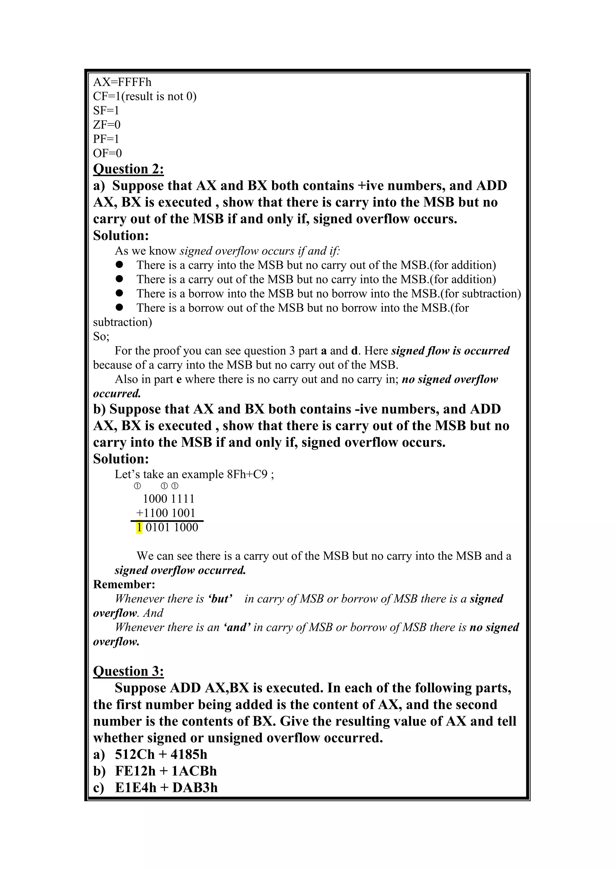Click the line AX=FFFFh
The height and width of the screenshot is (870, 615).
click(122, 82)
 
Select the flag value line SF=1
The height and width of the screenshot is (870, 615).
click(106, 111)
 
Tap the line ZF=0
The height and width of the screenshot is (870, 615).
click(107, 125)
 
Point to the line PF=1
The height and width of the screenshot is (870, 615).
click(106, 139)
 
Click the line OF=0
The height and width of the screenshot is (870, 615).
click(108, 154)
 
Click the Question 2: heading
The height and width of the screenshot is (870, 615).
click(129, 169)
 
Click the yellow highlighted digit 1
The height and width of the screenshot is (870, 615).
click(139, 528)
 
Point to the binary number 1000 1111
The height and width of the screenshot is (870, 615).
click(168, 499)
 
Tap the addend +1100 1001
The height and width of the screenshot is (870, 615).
click(165, 513)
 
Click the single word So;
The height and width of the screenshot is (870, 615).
click(101, 336)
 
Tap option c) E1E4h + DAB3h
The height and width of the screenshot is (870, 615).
click(155, 788)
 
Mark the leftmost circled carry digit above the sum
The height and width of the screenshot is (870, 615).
click(138, 486)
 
